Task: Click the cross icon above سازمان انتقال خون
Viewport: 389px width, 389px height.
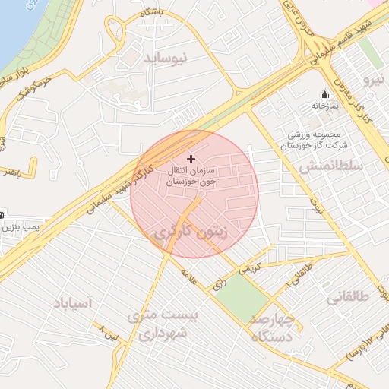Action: [x=190, y=159]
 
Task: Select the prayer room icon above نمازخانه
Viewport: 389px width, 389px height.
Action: [x=325, y=95]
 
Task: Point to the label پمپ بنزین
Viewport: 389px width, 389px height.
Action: [x=18, y=227]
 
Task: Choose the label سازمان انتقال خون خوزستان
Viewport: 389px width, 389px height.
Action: [x=189, y=177]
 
